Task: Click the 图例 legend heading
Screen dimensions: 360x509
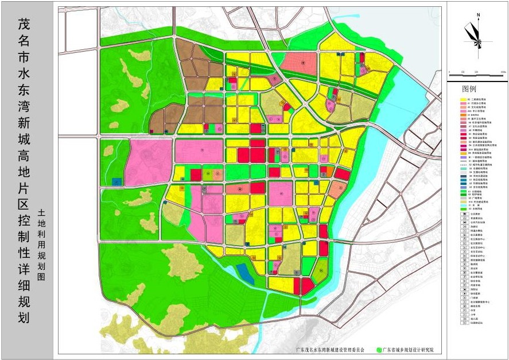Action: pos(468,90)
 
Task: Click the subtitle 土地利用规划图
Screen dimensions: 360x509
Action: pos(41,244)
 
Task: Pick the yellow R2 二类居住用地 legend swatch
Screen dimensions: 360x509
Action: pos(463,99)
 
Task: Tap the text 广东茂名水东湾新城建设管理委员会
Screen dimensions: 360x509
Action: pos(330,349)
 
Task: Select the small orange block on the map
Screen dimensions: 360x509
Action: pos(329,172)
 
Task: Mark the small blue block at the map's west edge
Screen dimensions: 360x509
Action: pos(116,181)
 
